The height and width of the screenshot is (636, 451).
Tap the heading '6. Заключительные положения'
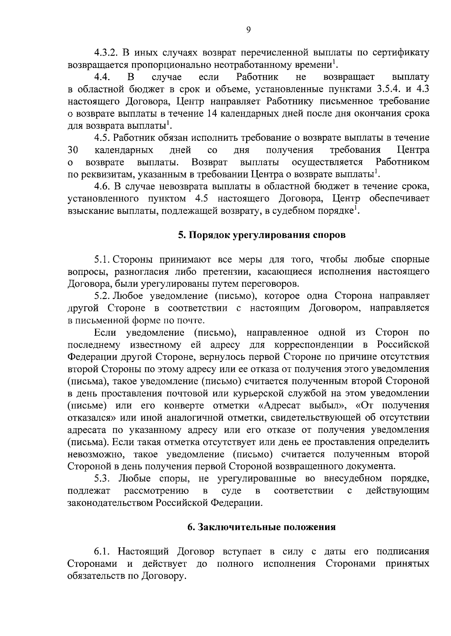tap(261, 527)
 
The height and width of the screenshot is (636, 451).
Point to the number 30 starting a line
tap(73, 150)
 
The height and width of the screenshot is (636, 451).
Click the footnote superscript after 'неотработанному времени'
tap(334, 62)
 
